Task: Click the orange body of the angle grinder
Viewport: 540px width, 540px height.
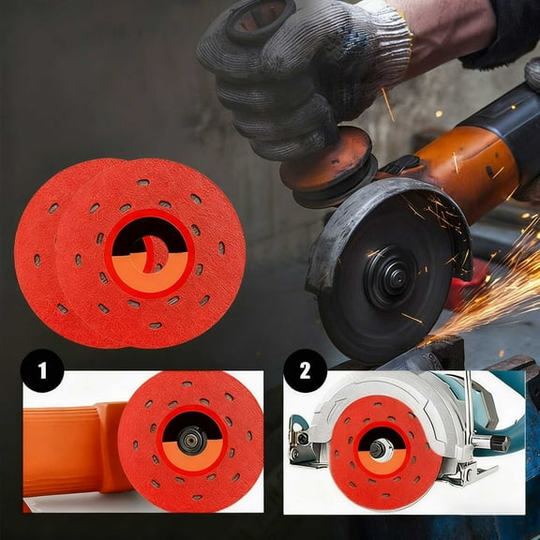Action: (x=478, y=159)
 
